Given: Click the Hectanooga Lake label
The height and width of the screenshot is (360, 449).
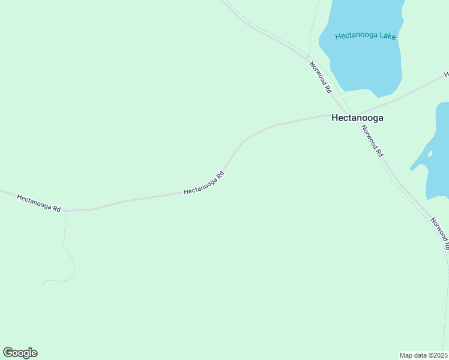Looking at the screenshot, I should coord(366,35).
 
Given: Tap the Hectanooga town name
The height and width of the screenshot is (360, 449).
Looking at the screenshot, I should coord(357,118).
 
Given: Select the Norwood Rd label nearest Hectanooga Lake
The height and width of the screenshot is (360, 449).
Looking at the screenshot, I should coord(321,76).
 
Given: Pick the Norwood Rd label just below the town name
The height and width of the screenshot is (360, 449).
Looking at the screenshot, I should coord(372,142).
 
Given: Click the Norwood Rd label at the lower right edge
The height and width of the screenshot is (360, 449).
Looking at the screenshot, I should coord(439,233).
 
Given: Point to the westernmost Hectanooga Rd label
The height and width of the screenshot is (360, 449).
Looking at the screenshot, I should coord(39,203).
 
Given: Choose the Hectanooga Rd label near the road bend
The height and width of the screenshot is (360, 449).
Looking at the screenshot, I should coord(204,183).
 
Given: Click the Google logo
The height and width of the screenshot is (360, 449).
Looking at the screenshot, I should coord(20,353).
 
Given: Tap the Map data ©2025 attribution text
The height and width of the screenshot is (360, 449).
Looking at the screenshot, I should coord(424,355).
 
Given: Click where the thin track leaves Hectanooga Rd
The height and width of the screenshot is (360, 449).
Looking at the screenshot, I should coord(65,211).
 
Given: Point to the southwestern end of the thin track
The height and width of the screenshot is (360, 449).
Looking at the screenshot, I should coord(43,284).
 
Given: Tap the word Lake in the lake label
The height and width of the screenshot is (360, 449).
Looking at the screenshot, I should coord(387,35).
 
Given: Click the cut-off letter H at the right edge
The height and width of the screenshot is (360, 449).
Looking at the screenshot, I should coord(446,75).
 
